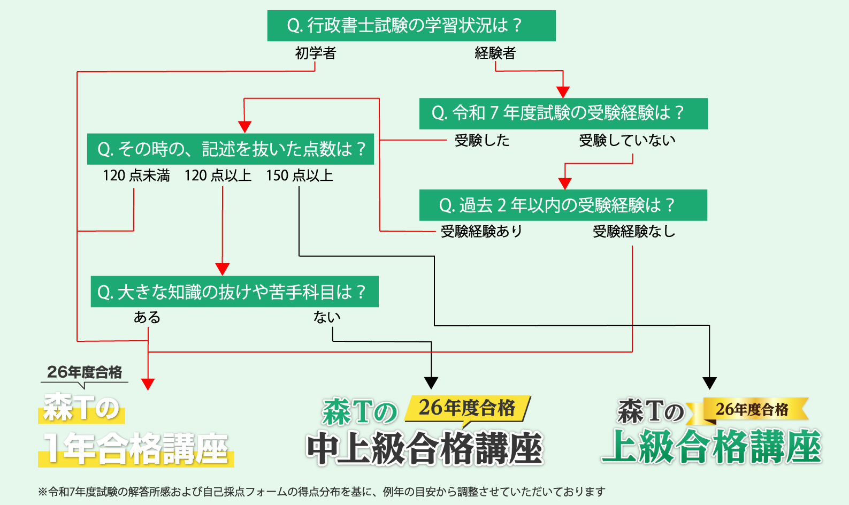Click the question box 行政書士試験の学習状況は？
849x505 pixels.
click(x=411, y=26)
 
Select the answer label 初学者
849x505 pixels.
click(x=316, y=53)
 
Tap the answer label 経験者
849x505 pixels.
click(x=495, y=53)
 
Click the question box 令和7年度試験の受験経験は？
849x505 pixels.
click(x=563, y=113)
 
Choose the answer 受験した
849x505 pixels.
click(x=481, y=140)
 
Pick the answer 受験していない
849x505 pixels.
click(x=627, y=140)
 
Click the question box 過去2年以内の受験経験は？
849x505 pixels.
click(x=563, y=205)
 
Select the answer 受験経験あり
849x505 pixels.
click(x=481, y=231)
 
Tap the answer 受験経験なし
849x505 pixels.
click(x=633, y=231)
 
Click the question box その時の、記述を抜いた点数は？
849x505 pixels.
click(x=231, y=149)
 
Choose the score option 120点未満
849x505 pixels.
click(x=136, y=175)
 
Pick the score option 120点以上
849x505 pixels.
click(x=218, y=175)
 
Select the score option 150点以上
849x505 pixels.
click(x=299, y=175)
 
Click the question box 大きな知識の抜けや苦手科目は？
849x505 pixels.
click(x=234, y=292)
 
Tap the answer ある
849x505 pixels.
click(x=147, y=317)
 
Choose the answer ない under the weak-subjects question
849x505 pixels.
click(x=327, y=317)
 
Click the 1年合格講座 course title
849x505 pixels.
click(x=136, y=448)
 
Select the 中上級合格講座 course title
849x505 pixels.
click(x=425, y=448)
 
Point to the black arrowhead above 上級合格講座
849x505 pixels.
click(x=709, y=383)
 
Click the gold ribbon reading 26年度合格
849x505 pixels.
click(x=752, y=410)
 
